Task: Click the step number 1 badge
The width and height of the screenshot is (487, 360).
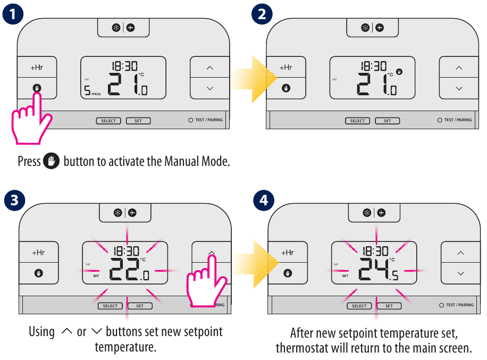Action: point(12,13)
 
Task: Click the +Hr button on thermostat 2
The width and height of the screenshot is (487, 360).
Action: point(286,68)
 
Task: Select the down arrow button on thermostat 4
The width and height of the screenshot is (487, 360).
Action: point(460,273)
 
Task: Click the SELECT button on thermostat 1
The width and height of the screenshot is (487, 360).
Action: point(108,121)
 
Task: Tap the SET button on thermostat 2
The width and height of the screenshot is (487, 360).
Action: point(387,121)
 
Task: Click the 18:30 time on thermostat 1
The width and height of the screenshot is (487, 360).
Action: point(124,66)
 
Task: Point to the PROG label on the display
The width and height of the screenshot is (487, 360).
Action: point(96,94)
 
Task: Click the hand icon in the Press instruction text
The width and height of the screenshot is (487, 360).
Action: point(52,161)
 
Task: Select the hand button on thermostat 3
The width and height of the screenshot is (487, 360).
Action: point(38,273)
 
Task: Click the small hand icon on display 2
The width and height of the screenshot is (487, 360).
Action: point(399,72)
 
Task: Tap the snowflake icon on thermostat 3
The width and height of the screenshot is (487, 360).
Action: point(118,213)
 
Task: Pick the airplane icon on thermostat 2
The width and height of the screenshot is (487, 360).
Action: point(380,27)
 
